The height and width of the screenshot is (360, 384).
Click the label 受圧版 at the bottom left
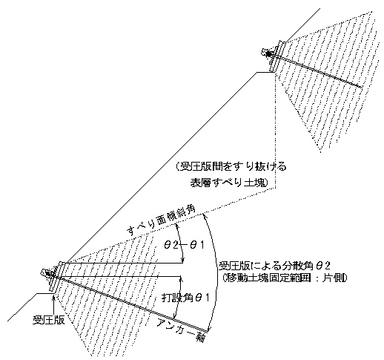coord(49,321)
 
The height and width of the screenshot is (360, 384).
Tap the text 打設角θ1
coord(185,298)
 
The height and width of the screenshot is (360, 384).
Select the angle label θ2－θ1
coord(184,245)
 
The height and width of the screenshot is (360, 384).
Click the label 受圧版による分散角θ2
coord(274,266)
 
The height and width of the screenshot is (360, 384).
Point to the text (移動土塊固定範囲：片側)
coord(284,278)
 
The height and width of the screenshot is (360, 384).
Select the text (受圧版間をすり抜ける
coord(231,167)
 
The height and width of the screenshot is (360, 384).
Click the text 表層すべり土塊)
coord(229,183)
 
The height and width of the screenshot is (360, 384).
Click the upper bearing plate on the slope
coord(278,56)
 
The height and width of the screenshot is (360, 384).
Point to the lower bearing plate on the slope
coord(57,277)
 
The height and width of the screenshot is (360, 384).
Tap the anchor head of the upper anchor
coord(266,53)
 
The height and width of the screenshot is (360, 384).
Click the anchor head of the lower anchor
coord(46,272)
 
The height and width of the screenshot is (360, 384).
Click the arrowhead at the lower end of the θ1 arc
coord(175,315)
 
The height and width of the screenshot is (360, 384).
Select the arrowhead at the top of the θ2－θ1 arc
coord(176,226)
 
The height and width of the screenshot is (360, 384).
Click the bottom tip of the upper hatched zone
coord(320,152)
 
